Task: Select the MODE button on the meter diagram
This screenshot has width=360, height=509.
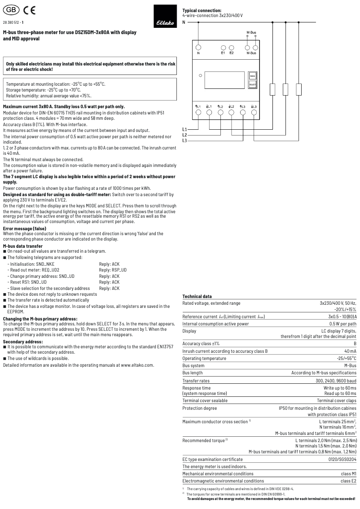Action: pyautogui.click(x=252, y=76)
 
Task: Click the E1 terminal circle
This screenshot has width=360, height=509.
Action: pyautogui.click(x=223, y=47)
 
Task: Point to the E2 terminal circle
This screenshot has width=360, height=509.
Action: pyautogui.click(x=232, y=47)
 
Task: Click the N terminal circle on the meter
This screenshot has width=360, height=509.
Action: pyautogui.click(x=198, y=47)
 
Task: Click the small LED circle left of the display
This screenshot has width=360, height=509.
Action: pyautogui.click(x=200, y=75)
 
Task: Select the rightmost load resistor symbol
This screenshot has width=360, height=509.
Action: pyautogui.click(x=299, y=89)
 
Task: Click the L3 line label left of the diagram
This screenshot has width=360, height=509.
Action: pyautogui.click(x=184, y=140)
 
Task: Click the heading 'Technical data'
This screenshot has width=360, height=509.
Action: pyautogui.click(x=197, y=297)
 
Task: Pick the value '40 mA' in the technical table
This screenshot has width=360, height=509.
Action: pyautogui.click(x=350, y=351)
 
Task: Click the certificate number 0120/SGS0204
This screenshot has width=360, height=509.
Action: pyautogui.click(x=340, y=460)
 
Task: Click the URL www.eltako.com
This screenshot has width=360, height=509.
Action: pyautogui.click(x=137, y=352)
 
